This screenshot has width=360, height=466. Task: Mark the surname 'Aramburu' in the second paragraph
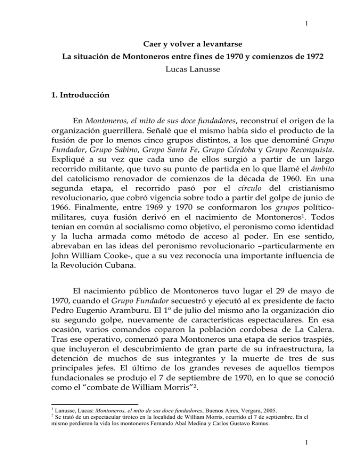(148, 336)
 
